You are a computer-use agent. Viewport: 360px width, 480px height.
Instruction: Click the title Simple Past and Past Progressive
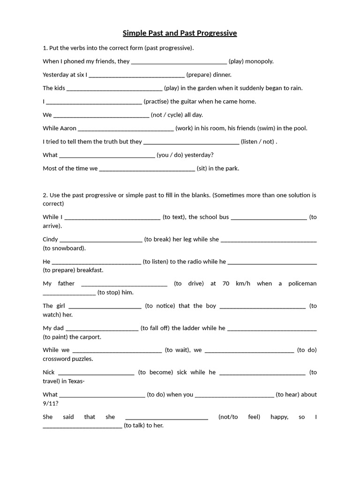click(180, 33)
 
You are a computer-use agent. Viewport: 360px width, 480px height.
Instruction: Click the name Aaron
click(68, 128)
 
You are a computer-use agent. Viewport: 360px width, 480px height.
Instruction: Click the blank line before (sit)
click(147, 169)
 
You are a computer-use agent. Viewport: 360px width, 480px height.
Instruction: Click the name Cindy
click(50, 239)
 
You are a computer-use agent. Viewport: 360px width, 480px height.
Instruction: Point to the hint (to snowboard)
click(64, 248)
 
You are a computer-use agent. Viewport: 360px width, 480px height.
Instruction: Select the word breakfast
click(90, 270)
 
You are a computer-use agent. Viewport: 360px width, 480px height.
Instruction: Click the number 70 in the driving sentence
click(226, 284)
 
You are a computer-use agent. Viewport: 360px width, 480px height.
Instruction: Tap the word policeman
click(302, 284)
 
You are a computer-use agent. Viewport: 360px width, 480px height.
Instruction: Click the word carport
click(90, 337)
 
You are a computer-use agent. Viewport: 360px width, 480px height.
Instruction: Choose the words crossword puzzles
click(68, 359)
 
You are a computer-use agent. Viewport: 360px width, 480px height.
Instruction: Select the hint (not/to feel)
click(239, 417)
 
